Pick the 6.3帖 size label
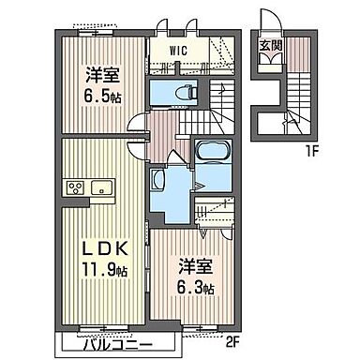(x=196, y=287)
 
